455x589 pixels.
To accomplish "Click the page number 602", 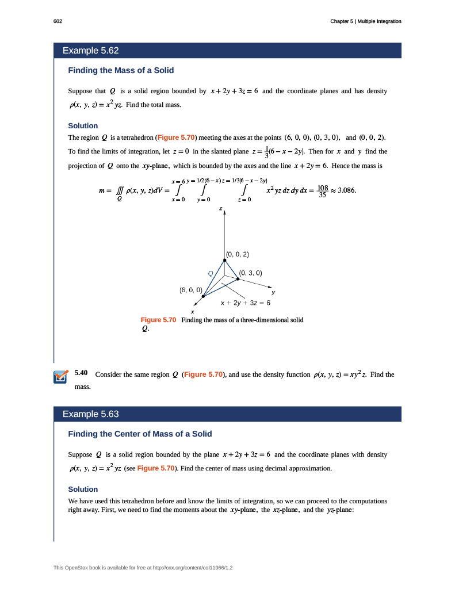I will [58, 21].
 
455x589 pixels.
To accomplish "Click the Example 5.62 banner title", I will [90, 51].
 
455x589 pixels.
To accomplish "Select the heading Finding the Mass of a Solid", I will [121, 70].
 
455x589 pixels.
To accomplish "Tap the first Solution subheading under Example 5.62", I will [83, 125].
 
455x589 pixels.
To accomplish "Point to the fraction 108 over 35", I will [323, 191].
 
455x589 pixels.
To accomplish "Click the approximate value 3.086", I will [347, 190].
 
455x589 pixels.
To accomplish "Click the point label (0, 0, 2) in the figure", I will [238, 254].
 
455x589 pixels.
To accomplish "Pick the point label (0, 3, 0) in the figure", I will [250, 273].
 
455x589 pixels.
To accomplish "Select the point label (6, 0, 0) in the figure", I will [190, 290].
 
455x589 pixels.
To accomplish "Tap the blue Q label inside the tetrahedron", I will [211, 273].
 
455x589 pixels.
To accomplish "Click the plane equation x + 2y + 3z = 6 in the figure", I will [246, 302].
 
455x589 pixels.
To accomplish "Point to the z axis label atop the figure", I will [220, 209].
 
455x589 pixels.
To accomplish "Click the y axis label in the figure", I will [273, 292].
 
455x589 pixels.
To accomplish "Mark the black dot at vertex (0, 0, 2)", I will [224, 260].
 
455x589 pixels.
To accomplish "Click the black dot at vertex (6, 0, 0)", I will [203, 296].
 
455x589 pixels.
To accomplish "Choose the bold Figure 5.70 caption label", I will [158, 320].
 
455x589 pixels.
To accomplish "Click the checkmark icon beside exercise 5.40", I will [60, 377].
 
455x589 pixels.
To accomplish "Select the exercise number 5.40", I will [81, 373].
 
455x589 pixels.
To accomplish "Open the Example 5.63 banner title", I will [90, 414].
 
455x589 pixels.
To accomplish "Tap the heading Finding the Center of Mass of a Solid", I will [143, 433].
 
